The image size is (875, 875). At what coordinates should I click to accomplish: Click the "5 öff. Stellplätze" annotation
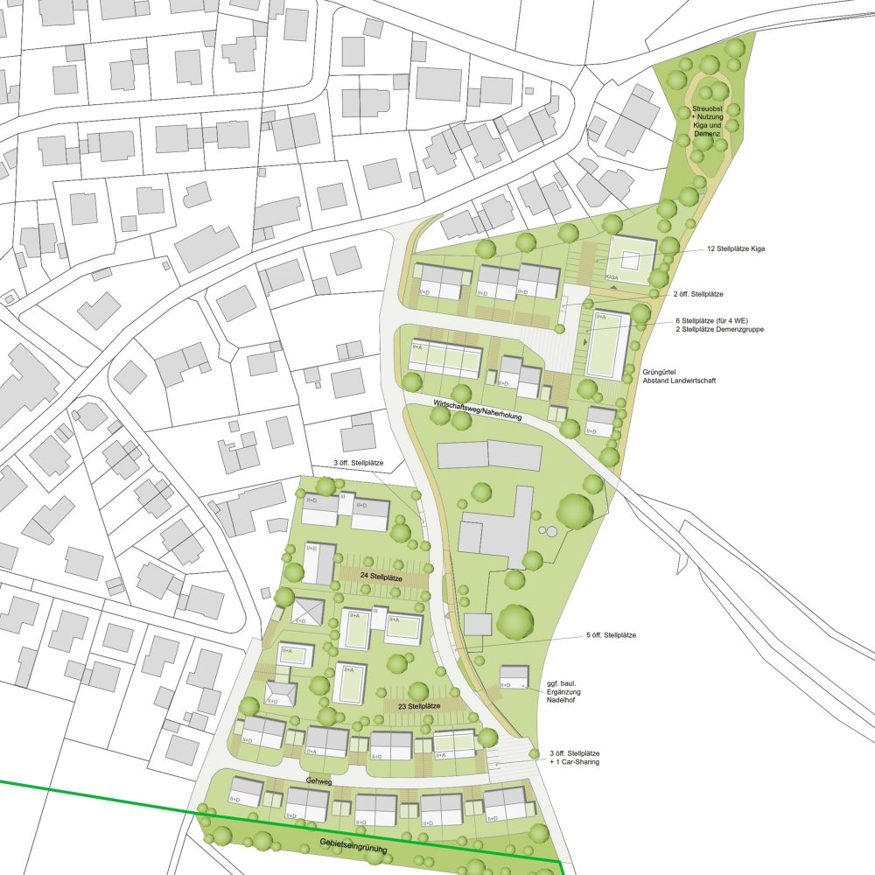point(610,634)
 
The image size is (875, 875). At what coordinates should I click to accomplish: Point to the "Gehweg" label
point(318,779)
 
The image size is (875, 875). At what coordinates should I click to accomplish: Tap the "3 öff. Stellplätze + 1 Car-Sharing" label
point(574,758)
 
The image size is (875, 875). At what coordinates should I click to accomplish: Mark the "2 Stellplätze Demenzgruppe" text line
point(706,332)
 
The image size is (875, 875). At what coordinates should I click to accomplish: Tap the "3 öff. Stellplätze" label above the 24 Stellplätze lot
point(357,463)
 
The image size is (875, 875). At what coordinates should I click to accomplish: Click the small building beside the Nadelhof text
point(514,675)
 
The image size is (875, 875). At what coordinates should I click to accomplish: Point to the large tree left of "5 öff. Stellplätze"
point(514,622)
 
